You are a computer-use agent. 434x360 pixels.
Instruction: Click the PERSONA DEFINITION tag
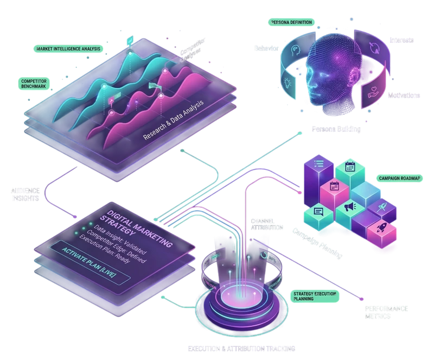[291, 22]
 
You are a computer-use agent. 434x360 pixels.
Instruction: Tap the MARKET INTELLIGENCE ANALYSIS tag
[68, 49]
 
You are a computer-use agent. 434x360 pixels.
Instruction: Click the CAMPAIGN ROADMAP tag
[401, 178]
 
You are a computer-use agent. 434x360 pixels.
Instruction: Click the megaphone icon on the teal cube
[348, 206]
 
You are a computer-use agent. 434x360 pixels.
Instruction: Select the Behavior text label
[265, 49]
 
